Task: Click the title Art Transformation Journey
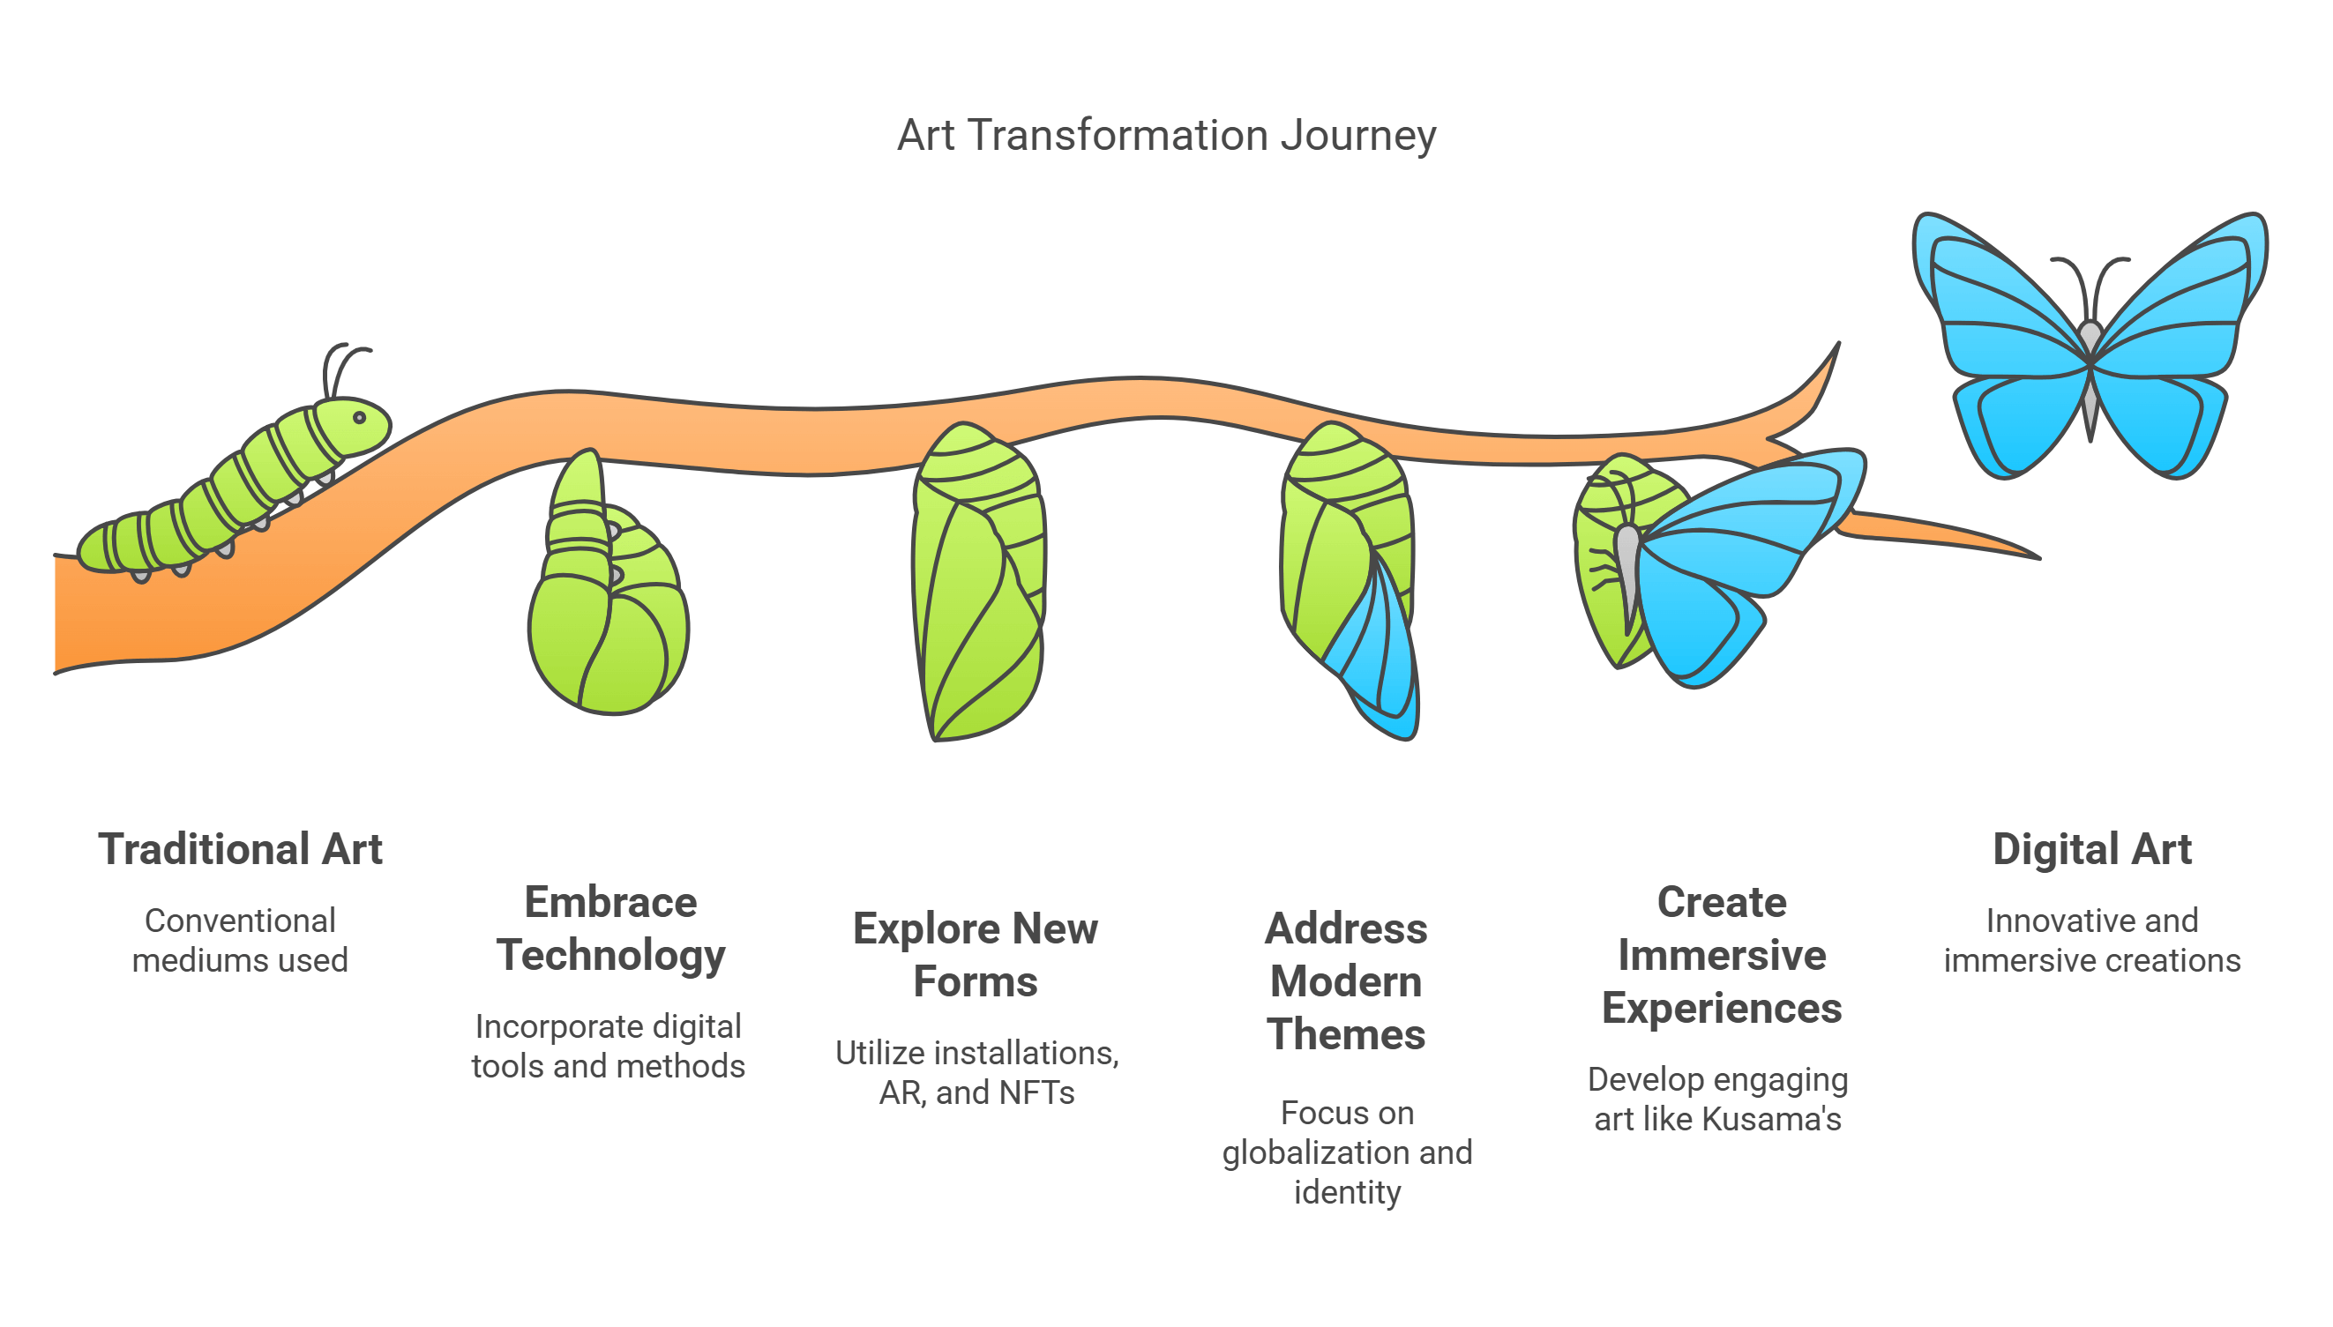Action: point(1166,136)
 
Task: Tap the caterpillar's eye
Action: point(359,418)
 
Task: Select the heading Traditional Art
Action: point(240,849)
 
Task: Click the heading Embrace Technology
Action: point(609,928)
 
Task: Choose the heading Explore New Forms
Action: point(975,955)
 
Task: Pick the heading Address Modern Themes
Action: point(1346,981)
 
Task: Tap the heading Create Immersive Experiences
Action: point(1721,955)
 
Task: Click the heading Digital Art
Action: point(2091,849)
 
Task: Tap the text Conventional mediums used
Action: point(240,941)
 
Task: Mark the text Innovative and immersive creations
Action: point(2091,941)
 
